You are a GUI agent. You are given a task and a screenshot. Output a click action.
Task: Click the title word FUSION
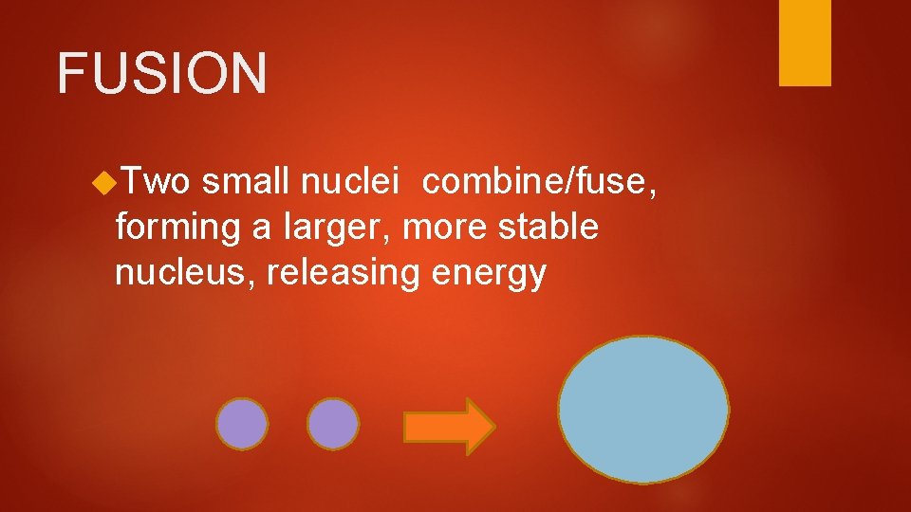(162, 73)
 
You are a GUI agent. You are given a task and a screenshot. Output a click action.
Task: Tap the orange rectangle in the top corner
(805, 42)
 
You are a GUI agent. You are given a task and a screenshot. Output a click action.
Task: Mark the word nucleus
(184, 273)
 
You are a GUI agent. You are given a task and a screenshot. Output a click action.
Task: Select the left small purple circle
(242, 423)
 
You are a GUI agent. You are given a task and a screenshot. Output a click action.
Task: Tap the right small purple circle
(333, 423)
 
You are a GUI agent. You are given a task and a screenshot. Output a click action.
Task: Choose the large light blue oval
(643, 410)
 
